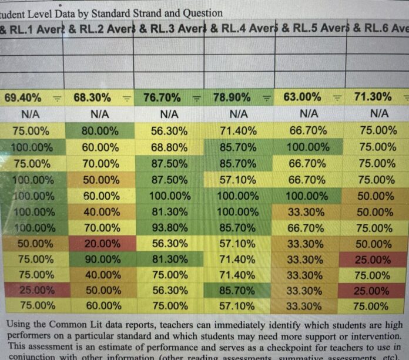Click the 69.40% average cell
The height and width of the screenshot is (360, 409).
tap(23, 97)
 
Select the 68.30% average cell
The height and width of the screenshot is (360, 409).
tap(93, 97)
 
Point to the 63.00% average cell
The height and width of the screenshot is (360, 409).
tap(302, 97)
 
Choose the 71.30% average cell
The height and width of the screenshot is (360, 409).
tap(373, 97)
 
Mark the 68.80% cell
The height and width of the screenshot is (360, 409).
tap(169, 147)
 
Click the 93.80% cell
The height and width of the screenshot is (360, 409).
tap(169, 227)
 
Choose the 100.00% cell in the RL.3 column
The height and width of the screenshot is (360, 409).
tap(169, 196)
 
